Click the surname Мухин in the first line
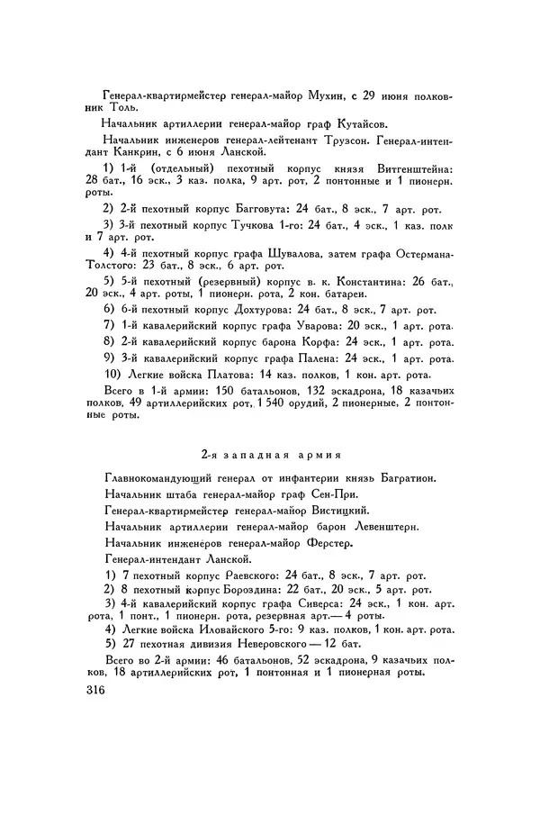coord(339,93)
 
